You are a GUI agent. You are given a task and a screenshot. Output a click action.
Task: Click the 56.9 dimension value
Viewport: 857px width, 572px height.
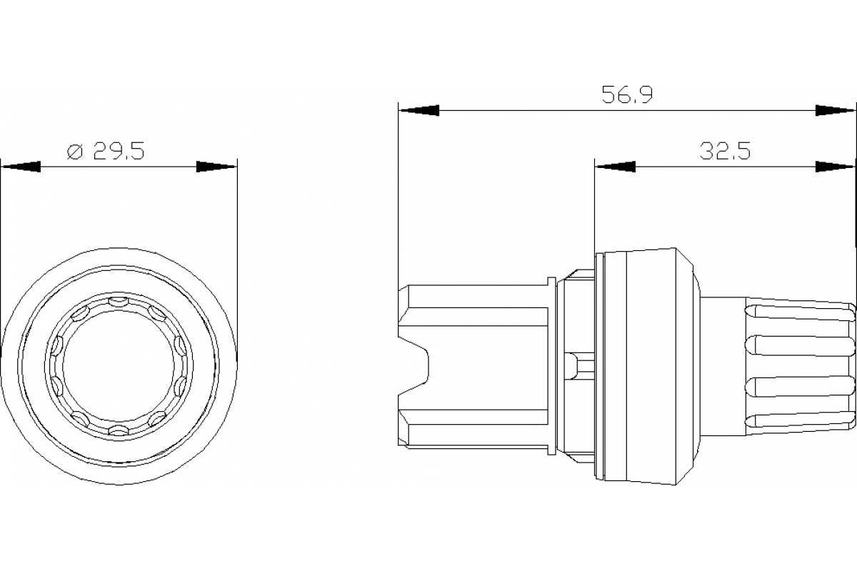[x=628, y=95]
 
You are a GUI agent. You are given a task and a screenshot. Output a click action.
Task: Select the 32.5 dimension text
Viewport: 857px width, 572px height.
[x=725, y=152]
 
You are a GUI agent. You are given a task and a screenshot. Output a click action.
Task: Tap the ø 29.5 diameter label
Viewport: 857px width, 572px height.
[x=106, y=152]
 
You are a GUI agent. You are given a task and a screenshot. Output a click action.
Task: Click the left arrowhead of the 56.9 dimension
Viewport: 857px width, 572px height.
[x=419, y=111]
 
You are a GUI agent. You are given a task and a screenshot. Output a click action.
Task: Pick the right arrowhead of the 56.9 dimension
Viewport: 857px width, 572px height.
[x=836, y=111]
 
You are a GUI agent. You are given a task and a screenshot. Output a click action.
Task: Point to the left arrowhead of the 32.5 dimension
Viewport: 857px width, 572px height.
[x=615, y=167]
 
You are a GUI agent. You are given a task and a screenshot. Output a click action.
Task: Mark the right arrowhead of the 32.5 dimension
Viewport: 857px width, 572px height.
[x=836, y=167]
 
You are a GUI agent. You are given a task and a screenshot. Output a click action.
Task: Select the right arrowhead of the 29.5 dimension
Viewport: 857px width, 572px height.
[x=216, y=167]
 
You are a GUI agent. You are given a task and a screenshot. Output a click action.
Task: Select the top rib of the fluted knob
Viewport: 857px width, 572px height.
[x=798, y=312]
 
